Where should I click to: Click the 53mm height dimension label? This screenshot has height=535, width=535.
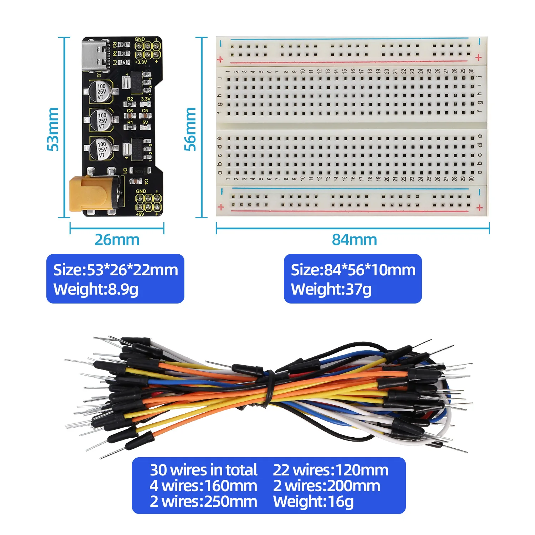(x=53, y=129)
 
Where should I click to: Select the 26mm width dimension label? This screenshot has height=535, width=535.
(x=117, y=240)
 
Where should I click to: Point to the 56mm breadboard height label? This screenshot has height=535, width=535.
(x=190, y=129)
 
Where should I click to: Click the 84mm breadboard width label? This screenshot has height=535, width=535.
(x=354, y=240)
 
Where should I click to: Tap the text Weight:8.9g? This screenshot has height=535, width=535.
(x=96, y=289)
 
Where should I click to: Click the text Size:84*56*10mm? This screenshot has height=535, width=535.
(x=353, y=270)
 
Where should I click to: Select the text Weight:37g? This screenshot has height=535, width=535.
(x=331, y=289)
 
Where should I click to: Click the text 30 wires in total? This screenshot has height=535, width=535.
(x=203, y=470)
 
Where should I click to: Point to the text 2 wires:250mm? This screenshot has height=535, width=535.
(x=203, y=501)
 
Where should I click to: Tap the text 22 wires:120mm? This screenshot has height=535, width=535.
(x=331, y=470)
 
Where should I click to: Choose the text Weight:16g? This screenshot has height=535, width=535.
(x=313, y=501)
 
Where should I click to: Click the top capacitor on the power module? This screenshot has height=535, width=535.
(x=101, y=91)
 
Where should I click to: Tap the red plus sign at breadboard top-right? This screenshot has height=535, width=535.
(x=479, y=57)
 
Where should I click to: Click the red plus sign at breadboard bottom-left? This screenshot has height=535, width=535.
(x=221, y=207)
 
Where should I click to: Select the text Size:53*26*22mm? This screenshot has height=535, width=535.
(x=116, y=270)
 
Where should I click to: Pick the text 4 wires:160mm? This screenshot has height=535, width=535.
(x=203, y=486)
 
